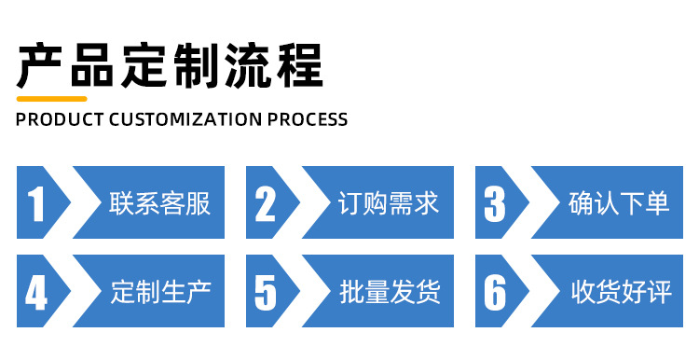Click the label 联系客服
[160, 203]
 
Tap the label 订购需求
[389, 203]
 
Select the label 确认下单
[619, 203]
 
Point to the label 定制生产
[160, 292]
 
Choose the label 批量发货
[389, 292]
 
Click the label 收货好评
[619, 292]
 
